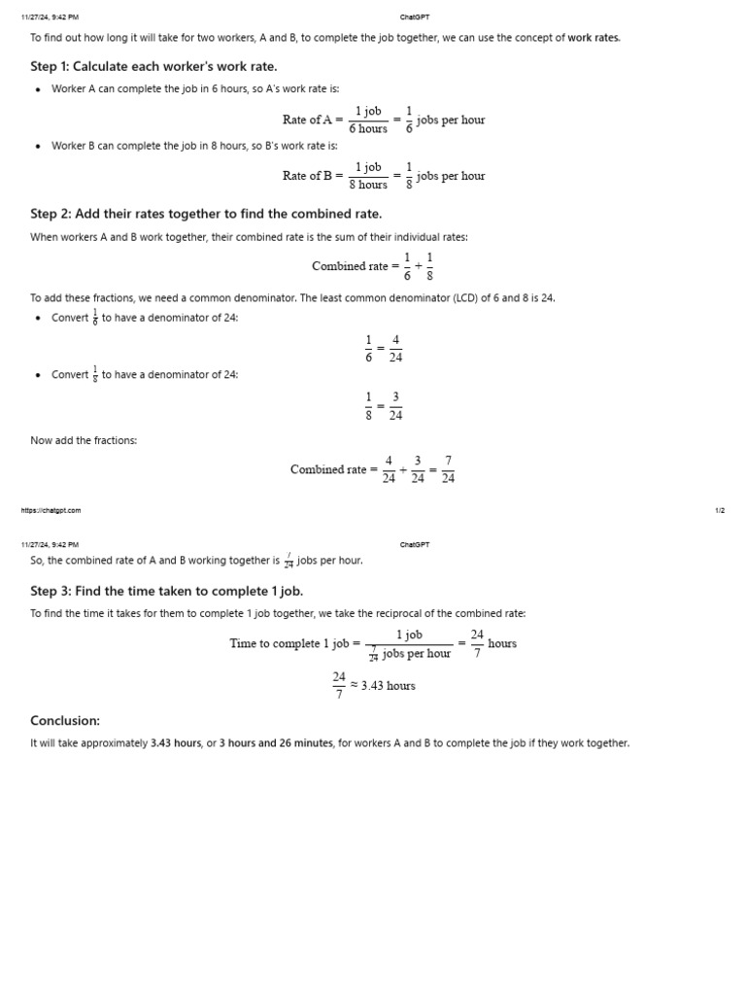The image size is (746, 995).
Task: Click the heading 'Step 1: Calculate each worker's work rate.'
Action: [153, 66]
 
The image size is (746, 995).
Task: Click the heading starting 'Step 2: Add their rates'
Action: [206, 214]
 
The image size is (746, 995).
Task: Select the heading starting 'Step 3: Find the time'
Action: [166, 591]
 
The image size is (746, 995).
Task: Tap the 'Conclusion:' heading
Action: [65, 721]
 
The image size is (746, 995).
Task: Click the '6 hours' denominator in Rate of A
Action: [368, 129]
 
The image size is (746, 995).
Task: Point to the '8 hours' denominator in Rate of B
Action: [368, 185]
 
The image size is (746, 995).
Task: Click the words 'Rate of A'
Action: [307, 120]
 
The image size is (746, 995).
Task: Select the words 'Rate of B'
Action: [307, 176]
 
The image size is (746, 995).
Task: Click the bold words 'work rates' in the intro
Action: [593, 38]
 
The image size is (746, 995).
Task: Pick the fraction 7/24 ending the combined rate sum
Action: [448, 469]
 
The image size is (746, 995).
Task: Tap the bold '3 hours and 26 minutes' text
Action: [276, 743]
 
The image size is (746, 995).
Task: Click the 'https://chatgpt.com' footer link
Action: [51, 510]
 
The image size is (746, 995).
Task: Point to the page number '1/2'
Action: [719, 510]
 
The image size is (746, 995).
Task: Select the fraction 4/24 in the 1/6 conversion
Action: [395, 349]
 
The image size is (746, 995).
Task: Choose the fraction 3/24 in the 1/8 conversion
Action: [395, 405]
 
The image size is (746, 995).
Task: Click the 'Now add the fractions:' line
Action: [84, 441]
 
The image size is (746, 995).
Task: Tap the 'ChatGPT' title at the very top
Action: [415, 17]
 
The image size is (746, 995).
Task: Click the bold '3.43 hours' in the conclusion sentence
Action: [175, 743]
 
